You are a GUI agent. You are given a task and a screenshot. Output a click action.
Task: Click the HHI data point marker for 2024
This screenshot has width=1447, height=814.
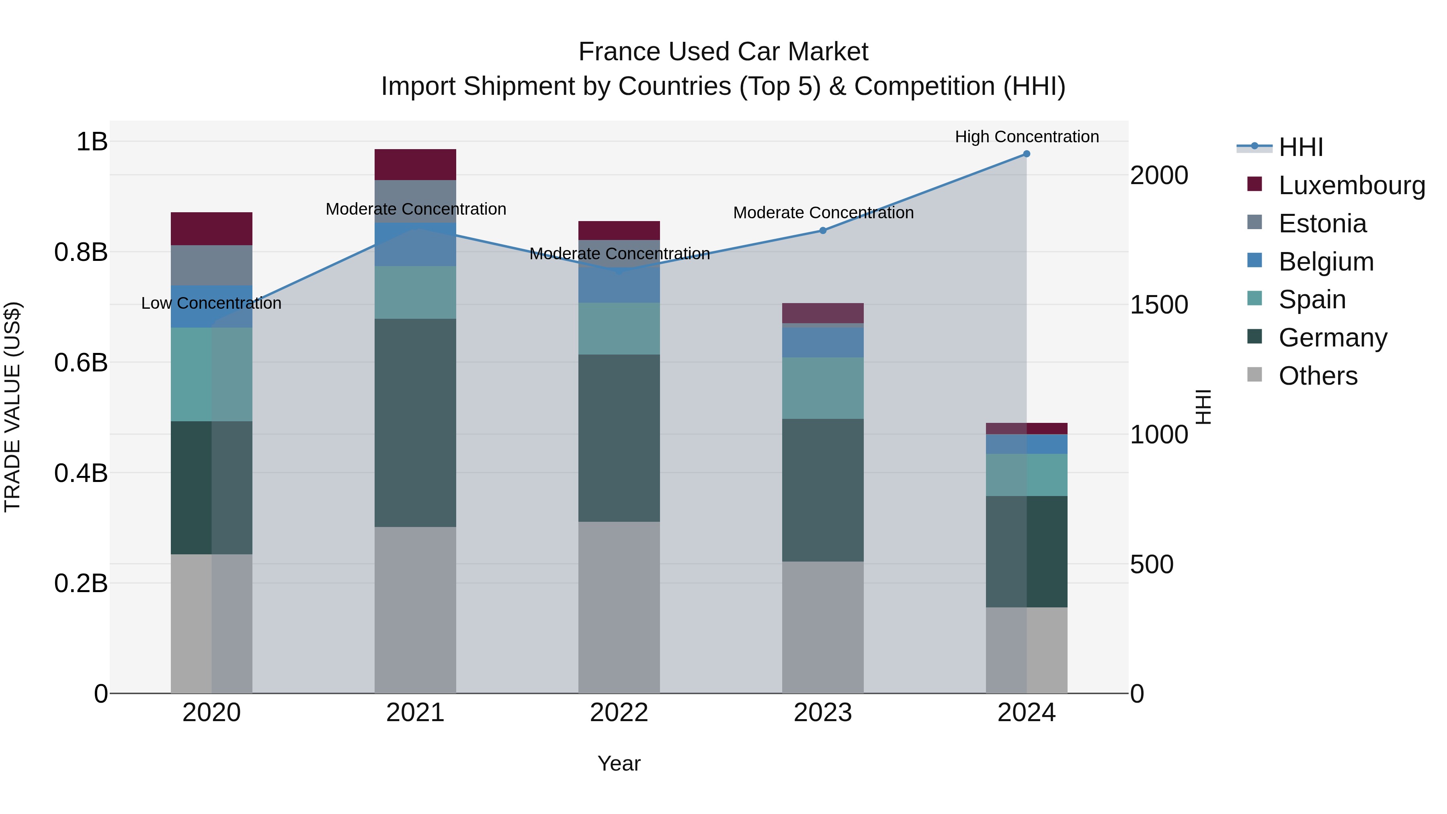[x=1026, y=154]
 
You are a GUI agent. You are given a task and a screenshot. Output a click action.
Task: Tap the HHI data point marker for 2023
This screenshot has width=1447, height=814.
[x=822, y=230]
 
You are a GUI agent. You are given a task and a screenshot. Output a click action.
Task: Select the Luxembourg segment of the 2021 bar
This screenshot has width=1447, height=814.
[x=415, y=164]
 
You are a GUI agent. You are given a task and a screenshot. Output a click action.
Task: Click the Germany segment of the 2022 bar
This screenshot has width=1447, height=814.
[x=619, y=438]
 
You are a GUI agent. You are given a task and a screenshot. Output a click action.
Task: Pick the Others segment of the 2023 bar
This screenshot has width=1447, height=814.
[x=822, y=627]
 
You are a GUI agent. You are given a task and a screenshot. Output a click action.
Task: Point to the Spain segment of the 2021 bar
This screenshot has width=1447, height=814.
[x=415, y=292]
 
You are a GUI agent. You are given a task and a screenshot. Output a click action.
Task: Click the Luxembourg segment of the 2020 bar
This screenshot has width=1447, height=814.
[x=211, y=229]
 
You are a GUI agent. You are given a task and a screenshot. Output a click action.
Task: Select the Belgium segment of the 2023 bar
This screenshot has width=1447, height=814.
[x=822, y=342]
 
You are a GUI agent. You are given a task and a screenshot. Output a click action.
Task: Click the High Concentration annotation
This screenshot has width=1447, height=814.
[x=1026, y=137]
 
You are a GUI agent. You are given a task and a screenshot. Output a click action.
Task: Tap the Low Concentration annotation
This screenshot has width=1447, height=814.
[x=211, y=303]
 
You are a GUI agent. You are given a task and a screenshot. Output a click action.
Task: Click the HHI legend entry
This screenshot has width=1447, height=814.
[x=1300, y=147]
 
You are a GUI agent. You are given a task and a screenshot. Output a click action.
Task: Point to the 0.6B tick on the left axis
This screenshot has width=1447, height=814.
[x=80, y=362]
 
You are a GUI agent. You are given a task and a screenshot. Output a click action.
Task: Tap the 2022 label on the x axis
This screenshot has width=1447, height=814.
[x=619, y=713]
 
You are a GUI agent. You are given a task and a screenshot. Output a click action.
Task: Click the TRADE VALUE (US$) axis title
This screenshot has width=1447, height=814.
[x=12, y=407]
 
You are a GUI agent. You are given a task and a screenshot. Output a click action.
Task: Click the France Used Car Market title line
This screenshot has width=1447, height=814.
[x=723, y=52]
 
